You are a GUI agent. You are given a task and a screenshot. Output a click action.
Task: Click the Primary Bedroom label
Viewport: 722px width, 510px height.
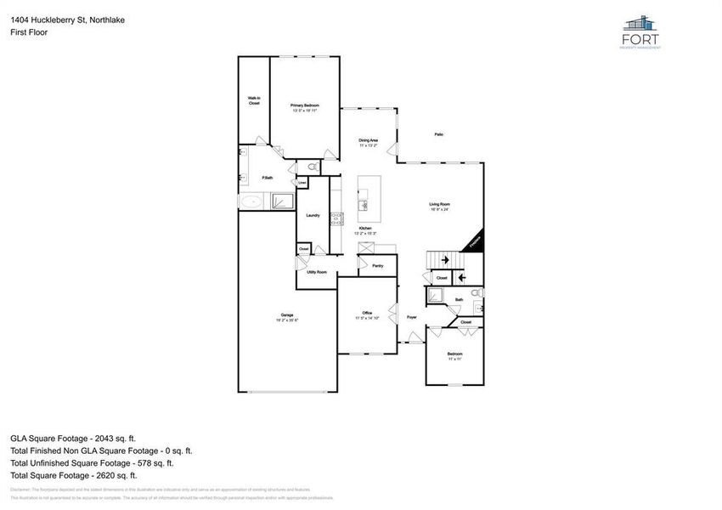[305, 105]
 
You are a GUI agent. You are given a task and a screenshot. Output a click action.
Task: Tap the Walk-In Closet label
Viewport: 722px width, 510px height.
[254, 100]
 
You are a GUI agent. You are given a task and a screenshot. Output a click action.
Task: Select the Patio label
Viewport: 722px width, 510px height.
[439, 134]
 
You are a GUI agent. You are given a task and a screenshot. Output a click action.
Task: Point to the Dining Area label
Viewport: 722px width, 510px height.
[368, 140]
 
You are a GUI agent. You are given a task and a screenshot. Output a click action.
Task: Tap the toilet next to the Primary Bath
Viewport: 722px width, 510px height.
[311, 167]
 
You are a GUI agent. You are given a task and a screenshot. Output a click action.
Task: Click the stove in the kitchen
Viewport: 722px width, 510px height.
[336, 218]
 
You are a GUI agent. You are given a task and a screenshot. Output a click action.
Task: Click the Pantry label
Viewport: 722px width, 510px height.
[378, 266]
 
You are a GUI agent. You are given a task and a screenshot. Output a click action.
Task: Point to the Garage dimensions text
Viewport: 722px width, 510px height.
[287, 320]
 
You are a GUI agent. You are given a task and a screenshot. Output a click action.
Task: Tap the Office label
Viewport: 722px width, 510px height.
[368, 314]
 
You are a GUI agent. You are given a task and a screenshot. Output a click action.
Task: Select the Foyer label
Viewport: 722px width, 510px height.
[411, 317]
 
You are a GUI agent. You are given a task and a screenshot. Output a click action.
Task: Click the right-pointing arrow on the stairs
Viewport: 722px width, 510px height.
[443, 261]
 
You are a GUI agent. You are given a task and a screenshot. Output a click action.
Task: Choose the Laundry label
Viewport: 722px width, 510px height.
[313, 215]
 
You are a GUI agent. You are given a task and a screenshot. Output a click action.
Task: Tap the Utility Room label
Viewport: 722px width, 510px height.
[317, 272]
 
